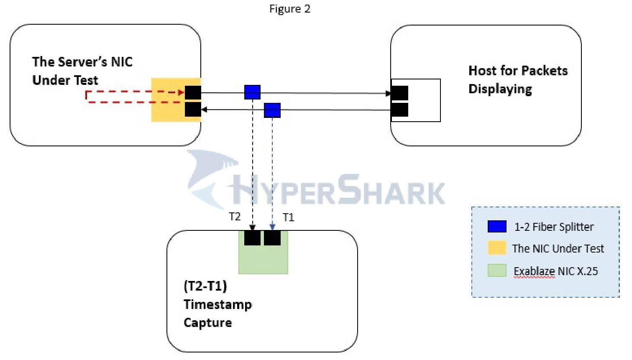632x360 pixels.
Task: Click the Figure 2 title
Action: point(289,9)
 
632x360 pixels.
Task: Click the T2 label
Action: point(235,216)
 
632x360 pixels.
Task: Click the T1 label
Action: point(289,217)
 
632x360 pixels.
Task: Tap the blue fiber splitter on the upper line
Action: point(252,92)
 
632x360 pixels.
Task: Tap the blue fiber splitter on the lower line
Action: point(272,110)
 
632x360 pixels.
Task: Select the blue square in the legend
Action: point(497,227)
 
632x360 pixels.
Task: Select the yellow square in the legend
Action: point(497,248)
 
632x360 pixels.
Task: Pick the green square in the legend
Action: point(497,271)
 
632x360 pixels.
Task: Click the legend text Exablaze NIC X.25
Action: point(555,271)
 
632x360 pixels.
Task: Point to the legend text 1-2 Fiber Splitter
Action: point(554,227)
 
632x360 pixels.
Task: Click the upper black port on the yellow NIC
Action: point(193,92)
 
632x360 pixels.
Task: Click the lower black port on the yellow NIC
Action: point(193,110)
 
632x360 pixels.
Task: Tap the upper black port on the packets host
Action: point(399,93)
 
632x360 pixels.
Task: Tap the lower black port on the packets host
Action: point(399,110)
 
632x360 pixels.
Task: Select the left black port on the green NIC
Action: point(252,238)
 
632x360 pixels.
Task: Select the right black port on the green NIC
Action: point(272,238)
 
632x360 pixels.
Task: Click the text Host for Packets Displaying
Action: point(517,79)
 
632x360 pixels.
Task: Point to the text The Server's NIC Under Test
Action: point(82,71)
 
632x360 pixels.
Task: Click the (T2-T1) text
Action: point(205,286)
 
